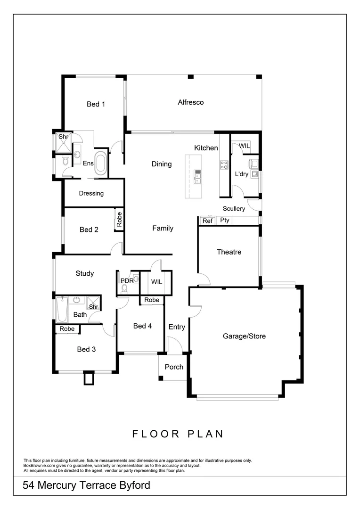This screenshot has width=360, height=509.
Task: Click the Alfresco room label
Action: tap(190, 102)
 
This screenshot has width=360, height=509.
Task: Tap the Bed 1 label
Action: tap(96, 104)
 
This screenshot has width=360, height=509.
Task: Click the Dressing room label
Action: tap(91, 193)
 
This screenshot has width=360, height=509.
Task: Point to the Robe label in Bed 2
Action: tap(119, 220)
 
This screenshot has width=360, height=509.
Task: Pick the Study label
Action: tap(85, 273)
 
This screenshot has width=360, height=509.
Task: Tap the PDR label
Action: tap(127, 280)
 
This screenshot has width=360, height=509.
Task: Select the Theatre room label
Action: tap(229, 252)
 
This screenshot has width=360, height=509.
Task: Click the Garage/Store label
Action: tap(244, 336)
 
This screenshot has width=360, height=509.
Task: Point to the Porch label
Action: tap(174, 367)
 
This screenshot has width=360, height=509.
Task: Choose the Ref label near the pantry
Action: tap(207, 221)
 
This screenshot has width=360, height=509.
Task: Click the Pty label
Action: tap(224, 220)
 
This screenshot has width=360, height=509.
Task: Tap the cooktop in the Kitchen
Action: tap(224, 164)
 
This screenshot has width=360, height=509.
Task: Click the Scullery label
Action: tap(234, 208)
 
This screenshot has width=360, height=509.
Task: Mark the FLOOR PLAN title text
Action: tap(178, 434)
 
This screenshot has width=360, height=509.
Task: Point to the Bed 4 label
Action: tap(142, 326)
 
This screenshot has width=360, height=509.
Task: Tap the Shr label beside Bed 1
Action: tap(64, 137)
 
